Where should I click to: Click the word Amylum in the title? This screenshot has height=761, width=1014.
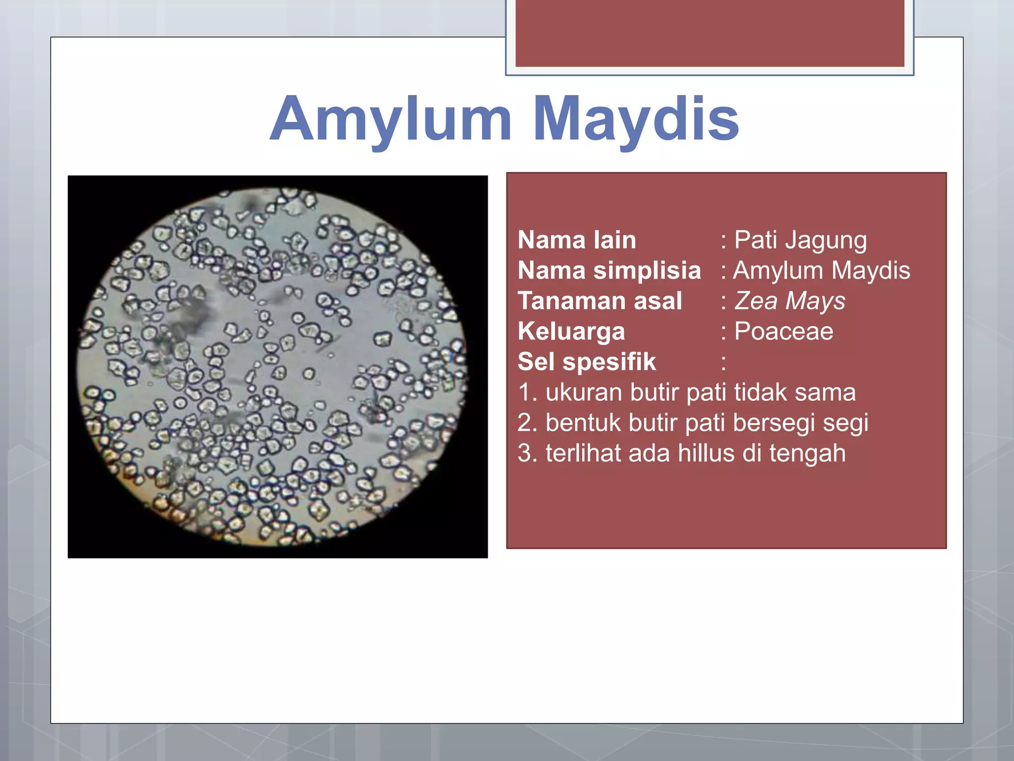click(391, 119)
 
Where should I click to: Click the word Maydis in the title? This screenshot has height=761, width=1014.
click(636, 119)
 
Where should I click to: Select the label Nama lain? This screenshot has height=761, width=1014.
click(577, 240)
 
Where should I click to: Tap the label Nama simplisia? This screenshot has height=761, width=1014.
click(609, 271)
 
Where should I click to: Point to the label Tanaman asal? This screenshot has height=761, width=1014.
click(600, 301)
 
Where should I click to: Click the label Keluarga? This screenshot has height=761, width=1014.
click(571, 331)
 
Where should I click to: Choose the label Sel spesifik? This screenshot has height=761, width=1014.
click(587, 362)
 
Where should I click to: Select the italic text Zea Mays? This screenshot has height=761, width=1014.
click(790, 301)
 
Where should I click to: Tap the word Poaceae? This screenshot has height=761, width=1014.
click(783, 331)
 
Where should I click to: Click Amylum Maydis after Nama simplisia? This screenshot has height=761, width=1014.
click(821, 271)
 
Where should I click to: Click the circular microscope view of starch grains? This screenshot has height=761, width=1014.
click(271, 367)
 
